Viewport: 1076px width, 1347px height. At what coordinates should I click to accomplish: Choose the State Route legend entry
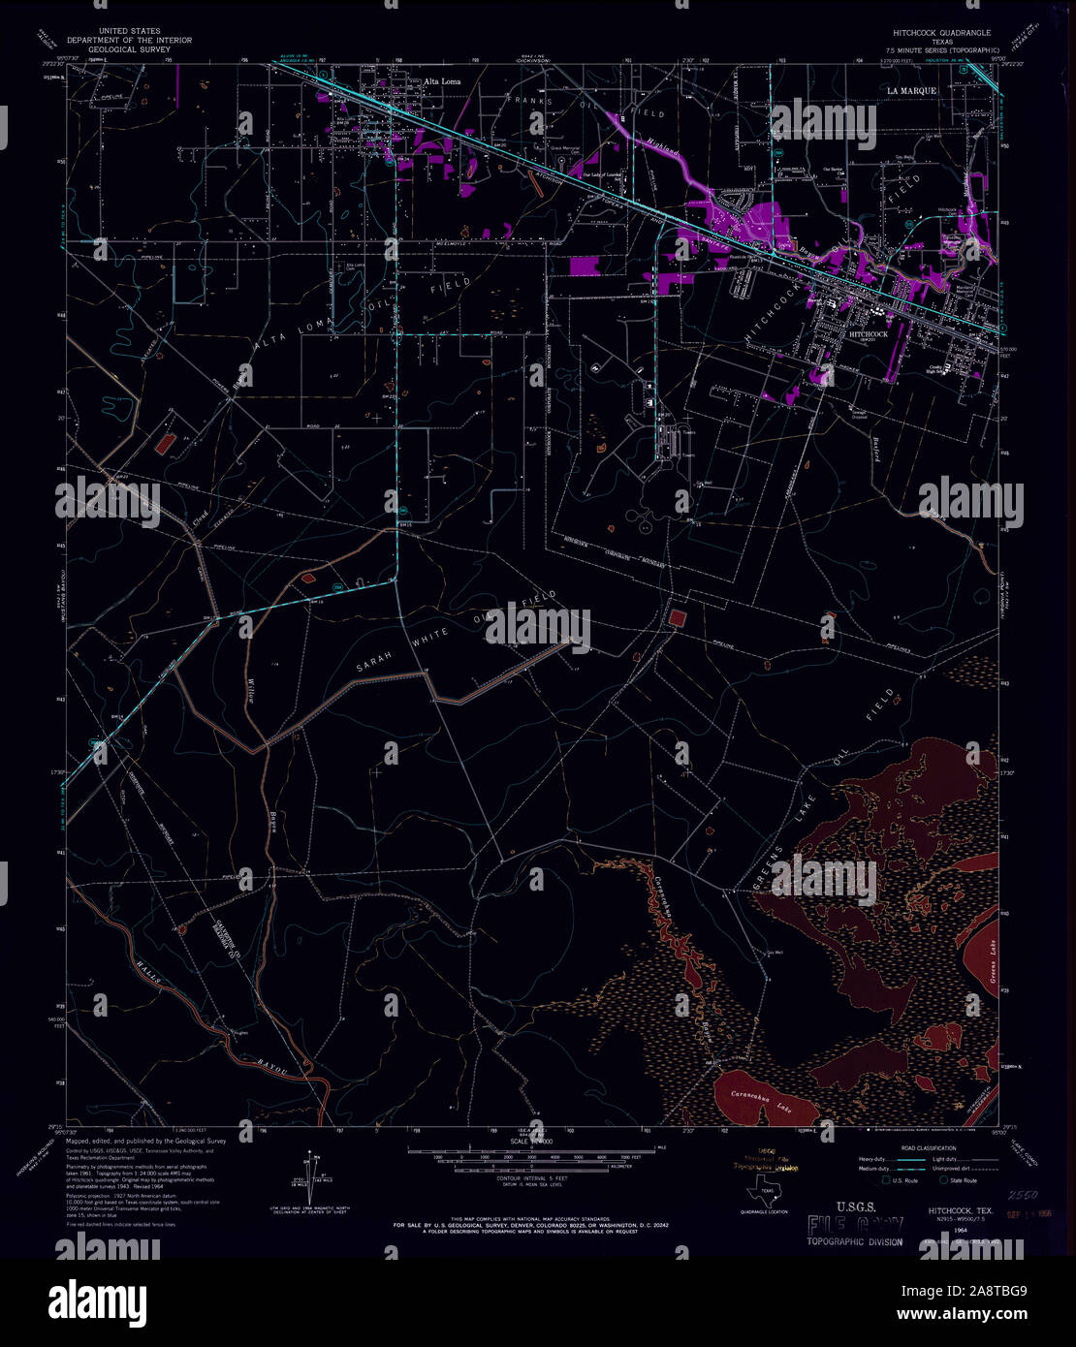click(x=963, y=1180)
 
